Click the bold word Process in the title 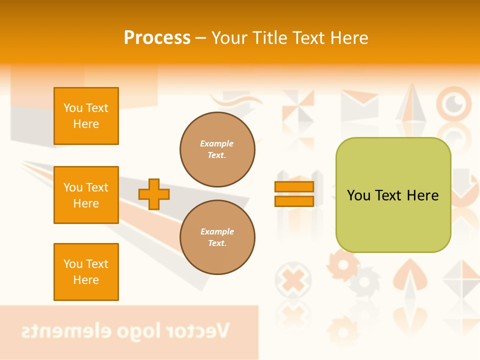(x=157, y=37)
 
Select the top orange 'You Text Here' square (x=86, y=116)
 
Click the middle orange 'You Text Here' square (x=86, y=195)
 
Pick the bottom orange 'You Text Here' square (x=86, y=271)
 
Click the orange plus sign (x=154, y=194)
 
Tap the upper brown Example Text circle (x=217, y=149)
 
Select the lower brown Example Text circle (x=217, y=237)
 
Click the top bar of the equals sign (x=294, y=186)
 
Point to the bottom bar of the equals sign (x=294, y=201)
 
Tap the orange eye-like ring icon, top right (x=454, y=103)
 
